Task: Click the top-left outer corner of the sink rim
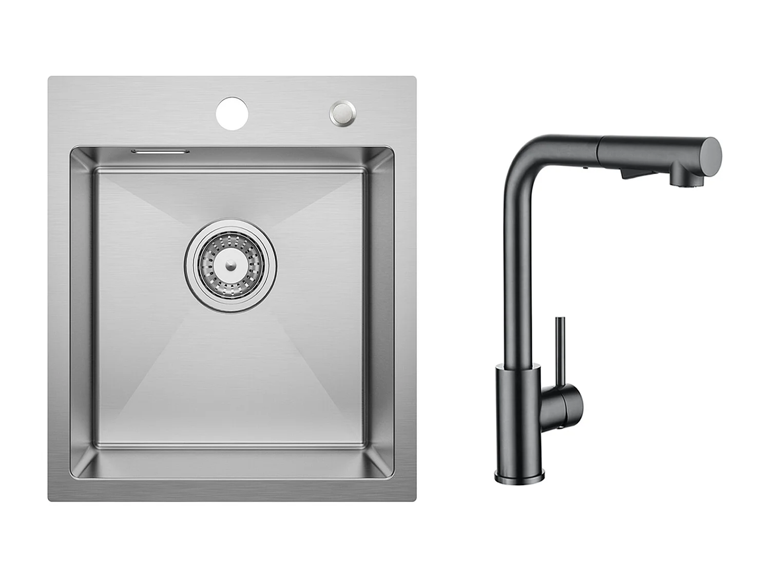pos(50,79)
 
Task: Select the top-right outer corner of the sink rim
pos(415,79)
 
